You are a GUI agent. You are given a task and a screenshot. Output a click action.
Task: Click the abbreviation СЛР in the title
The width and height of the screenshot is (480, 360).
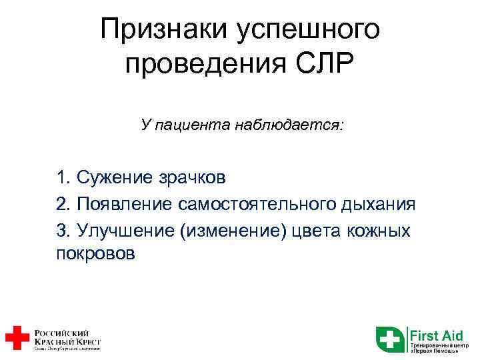pos(326,65)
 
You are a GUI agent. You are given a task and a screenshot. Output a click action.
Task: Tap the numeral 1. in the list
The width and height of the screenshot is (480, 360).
pos(65,177)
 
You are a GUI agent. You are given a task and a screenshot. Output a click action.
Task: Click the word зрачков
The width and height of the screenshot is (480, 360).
pos(193,177)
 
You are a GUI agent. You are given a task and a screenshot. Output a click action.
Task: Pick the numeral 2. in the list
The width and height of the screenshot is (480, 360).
pos(65,204)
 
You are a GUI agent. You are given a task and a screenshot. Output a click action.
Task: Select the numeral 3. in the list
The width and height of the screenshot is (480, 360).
pos(65,231)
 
